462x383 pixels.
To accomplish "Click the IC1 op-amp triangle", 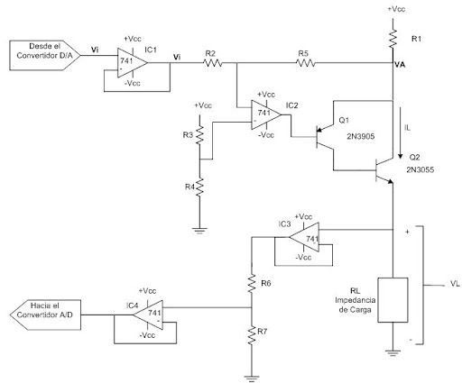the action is pyautogui.click(x=132, y=63).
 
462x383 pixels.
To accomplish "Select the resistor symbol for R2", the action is pyautogui.click(x=213, y=63).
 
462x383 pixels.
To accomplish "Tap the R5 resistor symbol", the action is pyautogui.click(x=305, y=63).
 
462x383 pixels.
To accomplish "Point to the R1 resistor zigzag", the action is pyautogui.click(x=393, y=39).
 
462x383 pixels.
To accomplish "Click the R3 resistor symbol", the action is pyautogui.click(x=199, y=135).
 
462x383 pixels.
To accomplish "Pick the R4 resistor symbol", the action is pyautogui.click(x=199, y=187).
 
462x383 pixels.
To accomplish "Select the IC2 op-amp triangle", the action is pyautogui.click(x=266, y=114).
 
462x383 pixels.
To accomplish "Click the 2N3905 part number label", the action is pyautogui.click(x=361, y=137).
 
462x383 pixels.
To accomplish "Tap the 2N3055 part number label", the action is pyautogui.click(x=420, y=169).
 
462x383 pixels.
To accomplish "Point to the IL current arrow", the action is pyautogui.click(x=400, y=133).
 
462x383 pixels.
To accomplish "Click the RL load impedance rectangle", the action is pyautogui.click(x=393, y=300).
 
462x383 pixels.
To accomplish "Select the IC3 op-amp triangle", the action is pyautogui.click(x=304, y=237).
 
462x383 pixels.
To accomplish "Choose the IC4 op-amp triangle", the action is pyautogui.click(x=148, y=315).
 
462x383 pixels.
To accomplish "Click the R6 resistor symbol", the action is pyautogui.click(x=252, y=284).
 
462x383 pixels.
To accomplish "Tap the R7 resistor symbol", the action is pyautogui.click(x=252, y=335).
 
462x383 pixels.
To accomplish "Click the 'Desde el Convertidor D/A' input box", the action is pyautogui.click(x=45, y=56).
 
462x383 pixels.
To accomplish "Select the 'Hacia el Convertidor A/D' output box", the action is pyautogui.click(x=45, y=315).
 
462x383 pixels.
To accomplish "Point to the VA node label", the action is pyautogui.click(x=400, y=65).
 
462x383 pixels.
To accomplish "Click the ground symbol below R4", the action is pyautogui.click(x=199, y=231).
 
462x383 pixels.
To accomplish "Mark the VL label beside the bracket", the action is pyautogui.click(x=456, y=284).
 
